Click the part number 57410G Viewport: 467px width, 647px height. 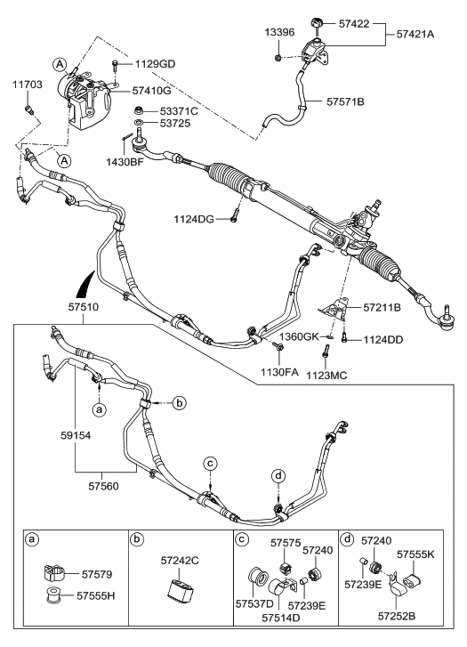(152, 91)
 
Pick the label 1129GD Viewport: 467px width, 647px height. (156, 64)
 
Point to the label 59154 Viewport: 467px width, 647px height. (67, 436)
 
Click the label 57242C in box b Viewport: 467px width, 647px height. (182, 562)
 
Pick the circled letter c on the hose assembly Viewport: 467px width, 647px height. (210, 463)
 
